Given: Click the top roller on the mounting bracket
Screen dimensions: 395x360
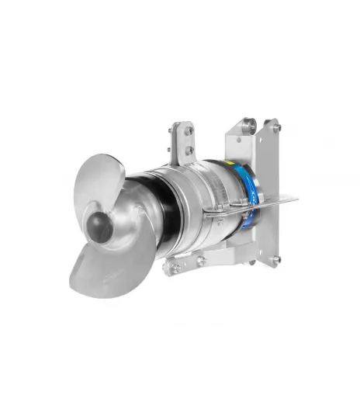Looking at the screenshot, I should point(248,122).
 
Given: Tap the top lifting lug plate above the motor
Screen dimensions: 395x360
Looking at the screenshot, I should point(183,144).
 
